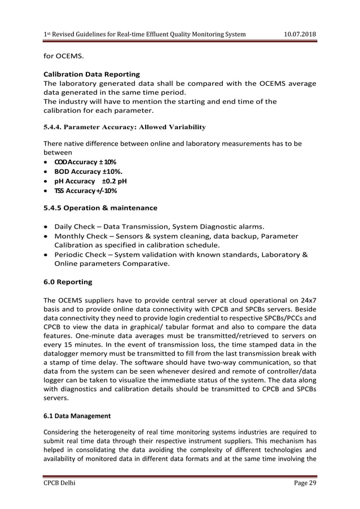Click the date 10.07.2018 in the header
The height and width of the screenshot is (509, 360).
[299, 34]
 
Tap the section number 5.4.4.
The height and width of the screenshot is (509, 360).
[56, 127]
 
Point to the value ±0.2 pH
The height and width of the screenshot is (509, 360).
[114, 181]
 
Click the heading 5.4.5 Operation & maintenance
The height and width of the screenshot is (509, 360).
[100, 208]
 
